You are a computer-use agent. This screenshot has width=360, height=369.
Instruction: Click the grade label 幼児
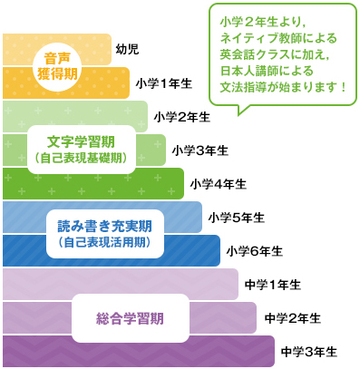[x=127, y=50]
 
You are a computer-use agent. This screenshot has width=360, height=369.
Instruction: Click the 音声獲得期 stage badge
[x=61, y=64]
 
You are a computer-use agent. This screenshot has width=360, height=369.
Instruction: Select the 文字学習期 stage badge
[x=82, y=149]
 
